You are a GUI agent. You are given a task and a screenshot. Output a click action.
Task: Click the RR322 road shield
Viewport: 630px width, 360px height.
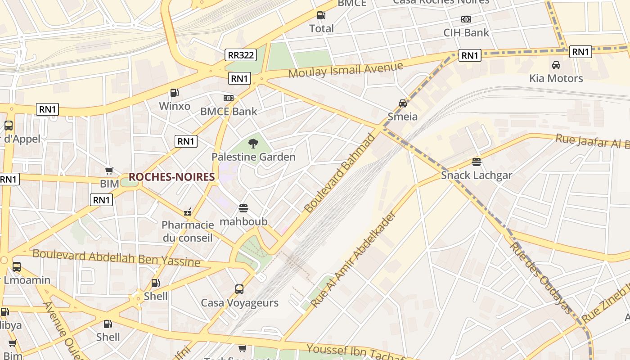tap(241, 55)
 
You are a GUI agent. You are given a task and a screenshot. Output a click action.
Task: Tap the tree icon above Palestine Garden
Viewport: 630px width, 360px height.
tap(253, 144)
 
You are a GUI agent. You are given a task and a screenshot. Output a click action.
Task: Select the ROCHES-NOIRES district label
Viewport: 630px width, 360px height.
tap(171, 177)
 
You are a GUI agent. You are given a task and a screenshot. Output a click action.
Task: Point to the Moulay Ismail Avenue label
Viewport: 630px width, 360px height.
tap(346, 70)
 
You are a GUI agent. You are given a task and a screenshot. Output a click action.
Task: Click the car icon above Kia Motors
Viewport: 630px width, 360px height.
tap(556, 65)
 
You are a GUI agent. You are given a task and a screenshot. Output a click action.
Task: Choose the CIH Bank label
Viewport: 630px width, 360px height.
tap(466, 32)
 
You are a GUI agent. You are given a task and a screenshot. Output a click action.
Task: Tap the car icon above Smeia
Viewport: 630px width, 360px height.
tap(403, 103)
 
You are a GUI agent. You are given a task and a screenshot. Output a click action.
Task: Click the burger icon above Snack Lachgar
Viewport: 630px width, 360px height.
tap(477, 162)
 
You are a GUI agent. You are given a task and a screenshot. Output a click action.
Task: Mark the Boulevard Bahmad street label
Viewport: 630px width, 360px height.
tap(339, 173)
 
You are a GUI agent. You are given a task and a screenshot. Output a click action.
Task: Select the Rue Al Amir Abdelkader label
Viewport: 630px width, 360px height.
tap(354, 260)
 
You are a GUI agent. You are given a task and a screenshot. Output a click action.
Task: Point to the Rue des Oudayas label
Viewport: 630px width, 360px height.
tap(540, 278)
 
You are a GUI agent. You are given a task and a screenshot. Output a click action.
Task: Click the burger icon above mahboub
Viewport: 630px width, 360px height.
tap(243, 208)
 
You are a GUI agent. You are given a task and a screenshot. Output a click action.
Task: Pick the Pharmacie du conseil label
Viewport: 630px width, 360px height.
tap(188, 231)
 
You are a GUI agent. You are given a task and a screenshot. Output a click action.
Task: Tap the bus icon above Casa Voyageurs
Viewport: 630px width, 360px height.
tap(239, 289)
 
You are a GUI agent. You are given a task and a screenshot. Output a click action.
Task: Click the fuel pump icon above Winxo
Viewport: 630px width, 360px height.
tap(175, 93)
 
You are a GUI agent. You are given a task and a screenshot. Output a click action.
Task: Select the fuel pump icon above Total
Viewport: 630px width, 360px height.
tap(321, 15)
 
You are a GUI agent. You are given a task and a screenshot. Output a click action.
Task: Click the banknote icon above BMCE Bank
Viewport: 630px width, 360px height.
tap(229, 98)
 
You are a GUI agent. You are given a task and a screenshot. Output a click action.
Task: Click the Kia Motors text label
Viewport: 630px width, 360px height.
tap(556, 78)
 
